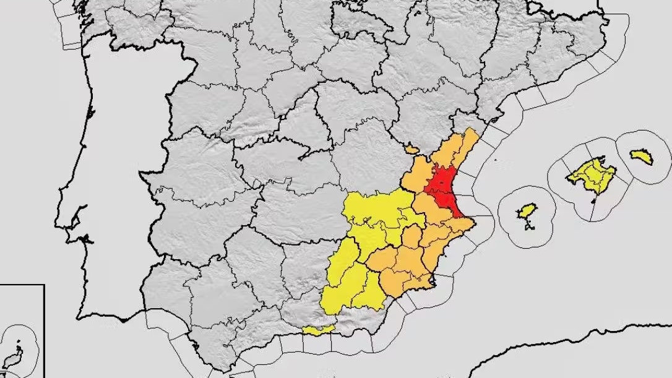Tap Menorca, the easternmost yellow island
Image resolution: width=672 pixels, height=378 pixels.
(x=642, y=157)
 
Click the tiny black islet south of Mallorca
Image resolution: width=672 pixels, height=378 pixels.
(x=593, y=200)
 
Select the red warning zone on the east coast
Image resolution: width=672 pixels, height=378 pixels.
(x=444, y=186)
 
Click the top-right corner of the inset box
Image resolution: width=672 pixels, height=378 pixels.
(x=44, y=285)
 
